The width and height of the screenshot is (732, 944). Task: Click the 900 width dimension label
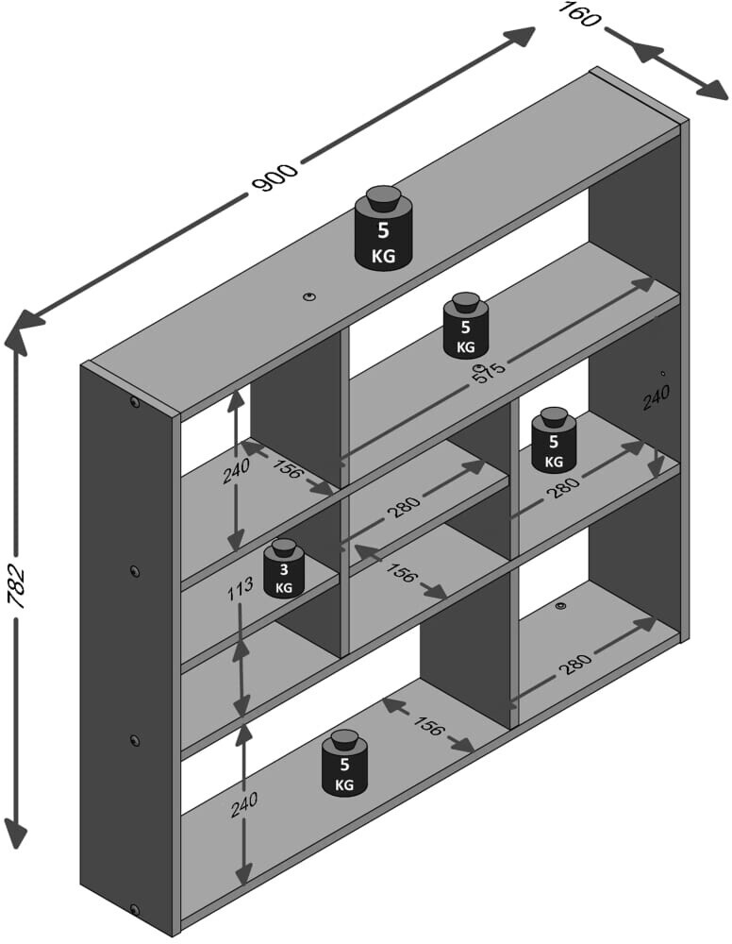[x=276, y=177]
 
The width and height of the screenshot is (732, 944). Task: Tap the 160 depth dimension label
[x=580, y=14]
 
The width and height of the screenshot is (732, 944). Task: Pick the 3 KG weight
[x=284, y=567]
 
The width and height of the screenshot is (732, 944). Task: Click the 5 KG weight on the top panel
[x=383, y=227]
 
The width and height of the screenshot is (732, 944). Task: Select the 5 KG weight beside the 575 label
[x=466, y=325]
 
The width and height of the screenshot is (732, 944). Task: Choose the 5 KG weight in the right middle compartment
[x=554, y=440]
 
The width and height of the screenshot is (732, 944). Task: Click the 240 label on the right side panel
[x=656, y=398]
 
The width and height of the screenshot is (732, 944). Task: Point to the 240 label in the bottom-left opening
[x=244, y=805]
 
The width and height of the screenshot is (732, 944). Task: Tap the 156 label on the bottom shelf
[x=427, y=726]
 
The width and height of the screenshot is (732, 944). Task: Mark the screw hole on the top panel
[x=309, y=296]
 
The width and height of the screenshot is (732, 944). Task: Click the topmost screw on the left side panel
[x=135, y=402]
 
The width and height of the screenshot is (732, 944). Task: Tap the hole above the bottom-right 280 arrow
[x=561, y=606]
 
